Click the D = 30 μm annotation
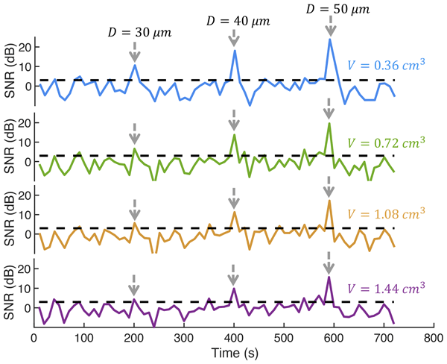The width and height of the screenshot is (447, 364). click(133, 33)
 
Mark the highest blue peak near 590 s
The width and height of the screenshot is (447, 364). click(329, 39)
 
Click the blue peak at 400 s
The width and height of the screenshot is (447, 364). click(235, 50)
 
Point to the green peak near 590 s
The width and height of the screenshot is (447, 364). click(329, 123)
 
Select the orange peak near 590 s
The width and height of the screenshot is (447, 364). click(329, 200)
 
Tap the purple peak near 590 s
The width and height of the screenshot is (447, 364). click(329, 277)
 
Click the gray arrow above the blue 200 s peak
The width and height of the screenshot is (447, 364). click(134, 51)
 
